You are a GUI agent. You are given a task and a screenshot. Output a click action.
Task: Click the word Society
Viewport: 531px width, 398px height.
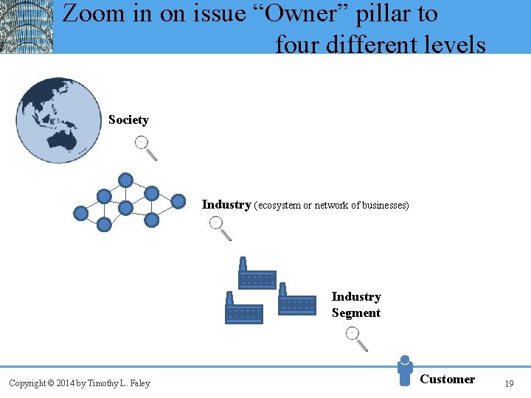pyautogui.click(x=128, y=119)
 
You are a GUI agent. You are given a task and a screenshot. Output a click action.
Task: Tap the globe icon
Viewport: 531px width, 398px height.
pyautogui.click(x=59, y=120)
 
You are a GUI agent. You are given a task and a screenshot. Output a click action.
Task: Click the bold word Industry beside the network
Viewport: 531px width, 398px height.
pyautogui.click(x=226, y=204)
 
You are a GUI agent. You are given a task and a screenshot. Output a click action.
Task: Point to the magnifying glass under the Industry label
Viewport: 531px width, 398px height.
pyautogui.click(x=220, y=228)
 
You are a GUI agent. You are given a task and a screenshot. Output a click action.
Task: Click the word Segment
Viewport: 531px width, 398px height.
pyautogui.click(x=356, y=313)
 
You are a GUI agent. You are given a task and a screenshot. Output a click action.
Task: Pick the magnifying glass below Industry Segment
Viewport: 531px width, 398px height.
pyautogui.click(x=357, y=338)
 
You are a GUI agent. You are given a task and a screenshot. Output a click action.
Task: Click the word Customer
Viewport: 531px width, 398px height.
pyautogui.click(x=447, y=379)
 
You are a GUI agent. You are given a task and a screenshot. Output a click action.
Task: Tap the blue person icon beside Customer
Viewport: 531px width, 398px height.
pyautogui.click(x=404, y=370)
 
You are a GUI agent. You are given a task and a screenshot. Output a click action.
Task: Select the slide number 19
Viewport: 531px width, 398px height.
pyautogui.click(x=508, y=383)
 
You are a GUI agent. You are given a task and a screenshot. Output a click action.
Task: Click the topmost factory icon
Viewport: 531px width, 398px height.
pyautogui.click(x=256, y=275)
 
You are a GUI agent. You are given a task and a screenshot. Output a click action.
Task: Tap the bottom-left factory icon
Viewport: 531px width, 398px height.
pyautogui.click(x=243, y=309)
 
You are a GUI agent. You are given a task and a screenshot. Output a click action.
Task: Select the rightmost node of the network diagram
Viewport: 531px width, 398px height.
pyautogui.click(x=178, y=201)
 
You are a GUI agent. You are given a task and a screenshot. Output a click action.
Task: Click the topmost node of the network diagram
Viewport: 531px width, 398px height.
pyautogui.click(x=126, y=180)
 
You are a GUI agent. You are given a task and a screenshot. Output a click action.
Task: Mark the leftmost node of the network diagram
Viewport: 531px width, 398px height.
pyautogui.click(x=80, y=214)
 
